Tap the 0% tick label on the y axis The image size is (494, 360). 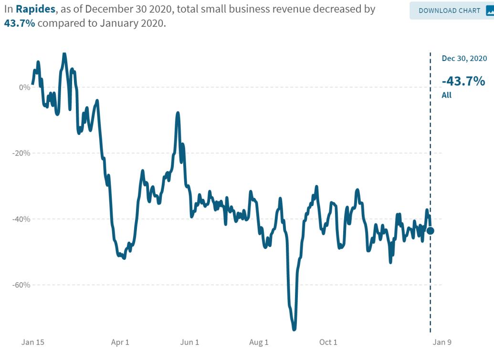point(25,87)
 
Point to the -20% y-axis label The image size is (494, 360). point(22,153)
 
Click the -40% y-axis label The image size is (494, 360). point(22,219)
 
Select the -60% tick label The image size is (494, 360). point(22,285)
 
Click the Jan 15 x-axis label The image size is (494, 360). point(33,342)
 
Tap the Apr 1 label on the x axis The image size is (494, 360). point(120,342)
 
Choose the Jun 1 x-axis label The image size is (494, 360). point(190,342)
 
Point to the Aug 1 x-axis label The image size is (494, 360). point(259,342)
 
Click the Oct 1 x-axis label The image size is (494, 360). point(328,342)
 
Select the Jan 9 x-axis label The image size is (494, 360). point(441,342)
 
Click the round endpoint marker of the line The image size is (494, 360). point(430,231)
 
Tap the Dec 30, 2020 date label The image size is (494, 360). point(464,59)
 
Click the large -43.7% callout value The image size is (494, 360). point(463,81)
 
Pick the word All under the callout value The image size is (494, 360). point(446,95)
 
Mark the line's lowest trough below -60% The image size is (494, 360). point(294,329)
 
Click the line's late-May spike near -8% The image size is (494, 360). point(178,113)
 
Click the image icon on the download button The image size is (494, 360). point(490,10)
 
